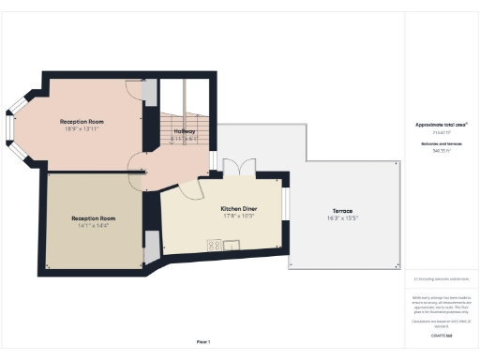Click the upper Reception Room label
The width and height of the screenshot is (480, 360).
click(82, 122)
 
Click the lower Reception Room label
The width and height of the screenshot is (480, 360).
click(91, 218)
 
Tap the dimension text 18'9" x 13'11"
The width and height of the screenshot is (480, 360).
click(82, 129)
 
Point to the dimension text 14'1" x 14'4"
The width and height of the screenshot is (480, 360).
click(91, 226)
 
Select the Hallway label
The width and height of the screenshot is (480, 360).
click(185, 131)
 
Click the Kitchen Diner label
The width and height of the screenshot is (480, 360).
click(238, 208)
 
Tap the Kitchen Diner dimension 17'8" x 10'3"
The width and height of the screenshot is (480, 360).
click(238, 216)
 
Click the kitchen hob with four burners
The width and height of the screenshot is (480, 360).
click(214, 246)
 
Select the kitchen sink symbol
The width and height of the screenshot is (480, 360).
click(232, 246)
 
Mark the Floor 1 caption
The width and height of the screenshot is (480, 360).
click(203, 341)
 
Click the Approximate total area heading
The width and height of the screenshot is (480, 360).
click(441, 125)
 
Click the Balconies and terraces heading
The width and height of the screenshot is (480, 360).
click(441, 143)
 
